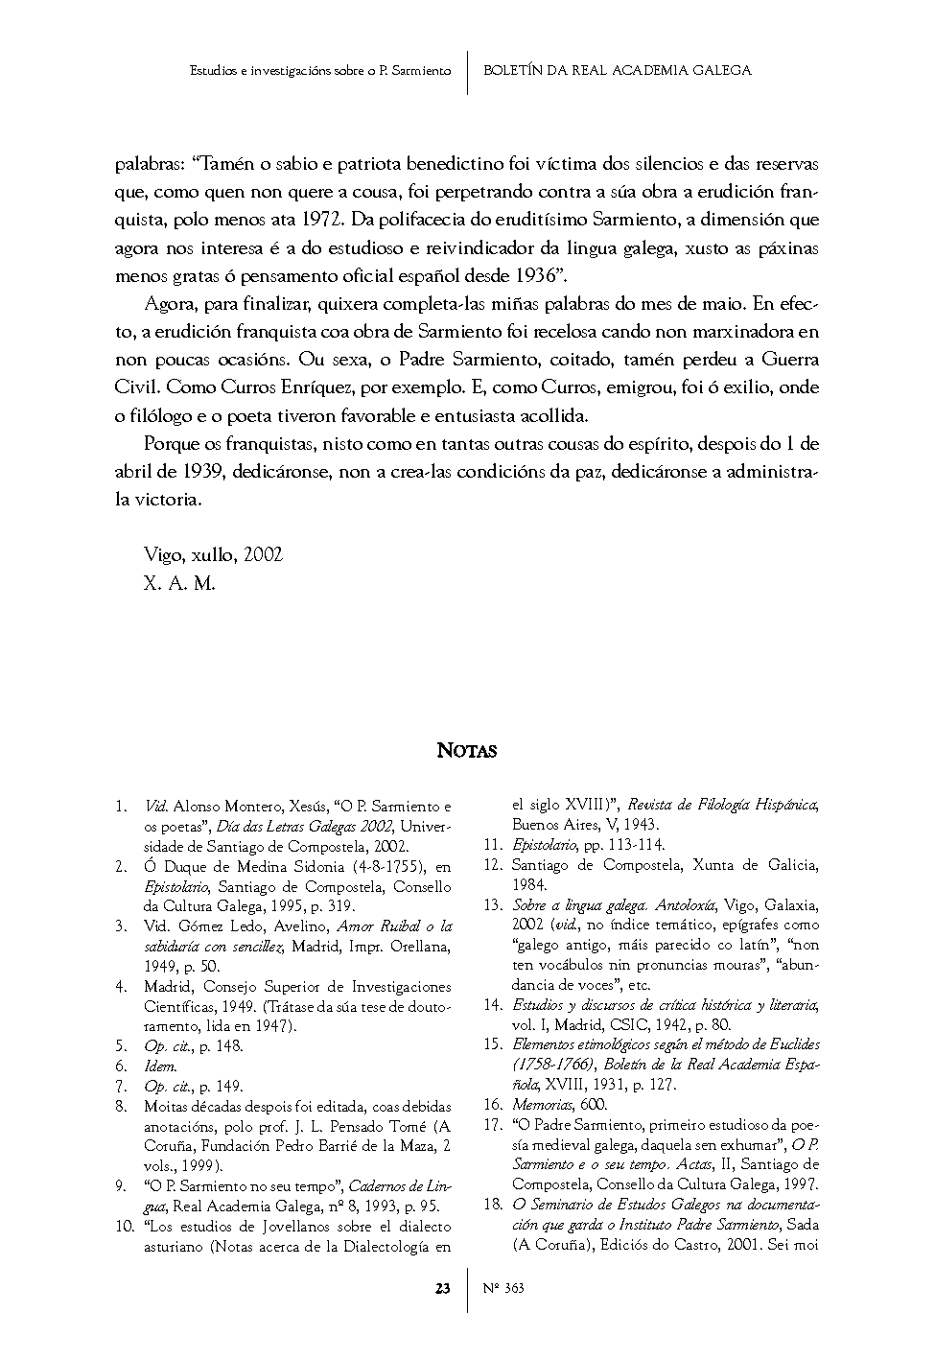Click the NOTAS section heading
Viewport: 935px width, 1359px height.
click(467, 750)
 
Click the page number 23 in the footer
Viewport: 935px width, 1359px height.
click(443, 1288)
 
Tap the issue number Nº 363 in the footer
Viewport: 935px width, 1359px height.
click(503, 1288)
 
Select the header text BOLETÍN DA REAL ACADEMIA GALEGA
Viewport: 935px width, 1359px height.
click(617, 70)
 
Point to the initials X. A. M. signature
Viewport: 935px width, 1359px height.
click(179, 582)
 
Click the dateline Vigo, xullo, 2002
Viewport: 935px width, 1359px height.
click(213, 555)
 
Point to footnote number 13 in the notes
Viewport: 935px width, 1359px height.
click(493, 904)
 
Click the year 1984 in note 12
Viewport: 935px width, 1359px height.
click(529, 884)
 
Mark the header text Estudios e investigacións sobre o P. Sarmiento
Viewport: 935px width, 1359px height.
click(320, 70)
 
